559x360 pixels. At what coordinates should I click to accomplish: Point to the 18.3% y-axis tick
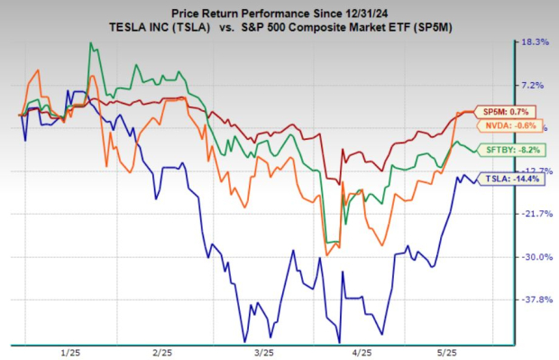point(535,42)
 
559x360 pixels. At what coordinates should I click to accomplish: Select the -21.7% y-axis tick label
point(534,214)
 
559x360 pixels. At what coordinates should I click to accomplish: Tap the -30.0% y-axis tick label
point(534,256)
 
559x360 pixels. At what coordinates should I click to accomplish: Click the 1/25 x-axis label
point(69,351)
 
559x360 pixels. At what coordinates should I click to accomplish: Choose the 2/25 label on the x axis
point(163,351)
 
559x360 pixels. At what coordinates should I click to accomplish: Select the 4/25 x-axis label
point(361,351)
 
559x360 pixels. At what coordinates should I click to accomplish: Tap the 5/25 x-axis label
point(459,351)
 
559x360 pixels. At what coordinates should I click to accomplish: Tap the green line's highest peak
point(90,43)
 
